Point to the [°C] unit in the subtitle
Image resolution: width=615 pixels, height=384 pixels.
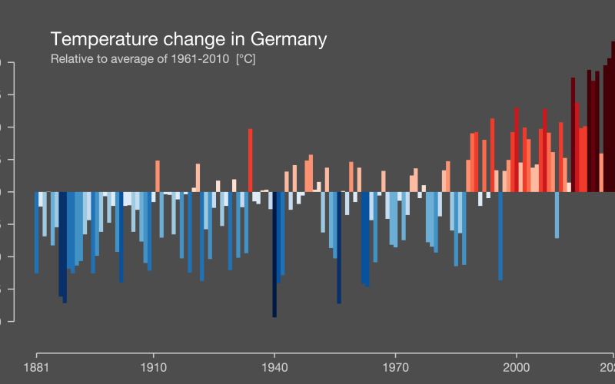click(245, 59)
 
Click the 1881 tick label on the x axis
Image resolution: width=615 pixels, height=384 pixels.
click(36, 366)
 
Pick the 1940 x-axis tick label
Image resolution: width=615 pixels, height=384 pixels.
click(274, 366)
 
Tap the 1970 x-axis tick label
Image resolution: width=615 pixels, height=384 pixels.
click(394, 366)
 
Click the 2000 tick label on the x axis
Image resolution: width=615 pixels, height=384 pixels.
click(516, 366)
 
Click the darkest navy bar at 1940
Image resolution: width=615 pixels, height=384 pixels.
click(274, 253)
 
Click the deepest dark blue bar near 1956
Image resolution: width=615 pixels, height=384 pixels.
click(338, 246)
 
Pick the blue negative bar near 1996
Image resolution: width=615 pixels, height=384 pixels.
click(500, 235)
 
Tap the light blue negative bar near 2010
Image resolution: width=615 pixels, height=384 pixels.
click(557, 214)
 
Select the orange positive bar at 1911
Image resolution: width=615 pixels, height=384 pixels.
click(157, 176)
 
